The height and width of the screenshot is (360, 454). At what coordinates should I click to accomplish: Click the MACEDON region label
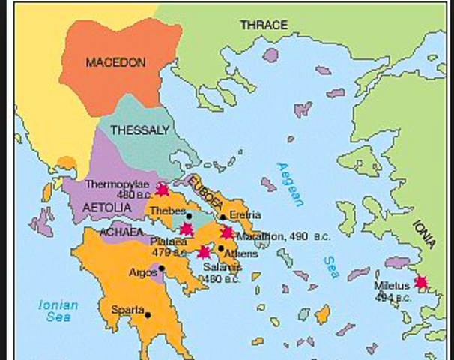tap(115, 62)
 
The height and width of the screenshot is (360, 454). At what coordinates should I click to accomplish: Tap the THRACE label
tap(263, 25)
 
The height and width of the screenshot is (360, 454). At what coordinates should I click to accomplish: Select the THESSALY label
tap(139, 130)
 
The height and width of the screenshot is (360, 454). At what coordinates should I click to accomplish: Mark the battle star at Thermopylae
tap(161, 190)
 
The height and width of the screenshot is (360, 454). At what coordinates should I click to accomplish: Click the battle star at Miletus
tap(421, 282)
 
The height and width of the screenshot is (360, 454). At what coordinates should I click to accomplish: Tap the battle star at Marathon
tap(227, 232)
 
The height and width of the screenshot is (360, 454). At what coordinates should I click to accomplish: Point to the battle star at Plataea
tap(187, 228)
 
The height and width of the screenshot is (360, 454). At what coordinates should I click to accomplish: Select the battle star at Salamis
tap(202, 251)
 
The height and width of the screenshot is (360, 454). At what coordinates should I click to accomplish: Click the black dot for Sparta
tap(148, 314)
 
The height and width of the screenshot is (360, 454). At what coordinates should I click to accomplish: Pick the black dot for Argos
tap(161, 268)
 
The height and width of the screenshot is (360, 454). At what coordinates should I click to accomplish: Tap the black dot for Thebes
tap(189, 216)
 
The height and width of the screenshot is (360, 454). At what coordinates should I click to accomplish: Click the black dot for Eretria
tap(223, 217)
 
